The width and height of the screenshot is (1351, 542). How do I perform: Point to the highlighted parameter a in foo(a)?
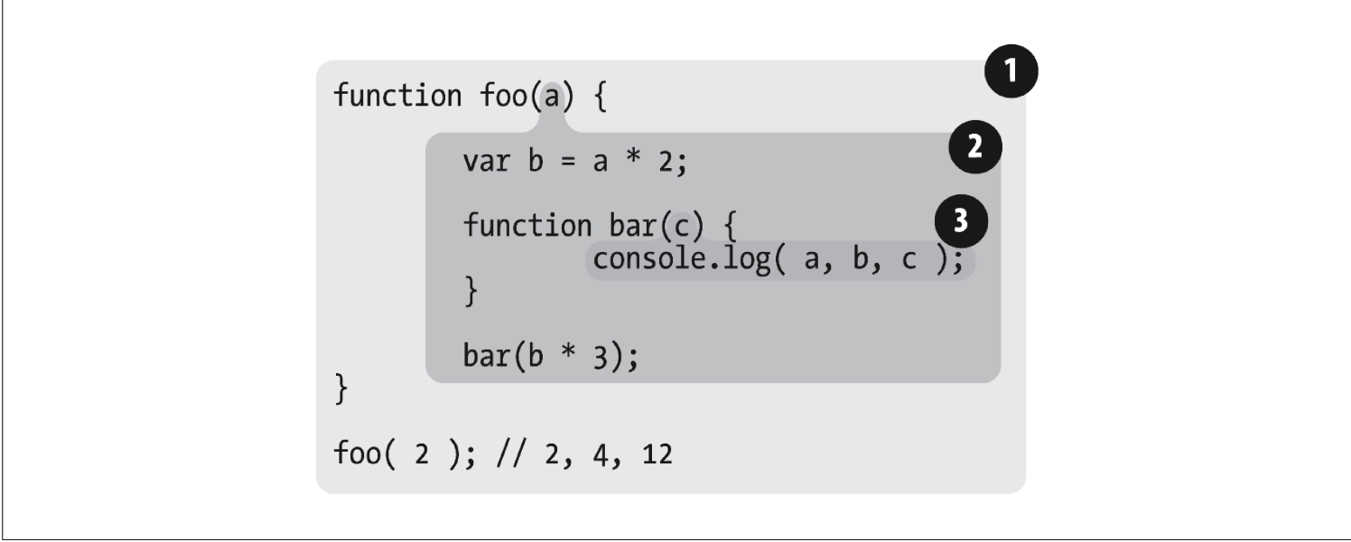click(553, 96)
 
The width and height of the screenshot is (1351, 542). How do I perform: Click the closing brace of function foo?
click(341, 392)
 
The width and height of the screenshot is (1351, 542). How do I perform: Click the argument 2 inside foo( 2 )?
click(420, 454)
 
